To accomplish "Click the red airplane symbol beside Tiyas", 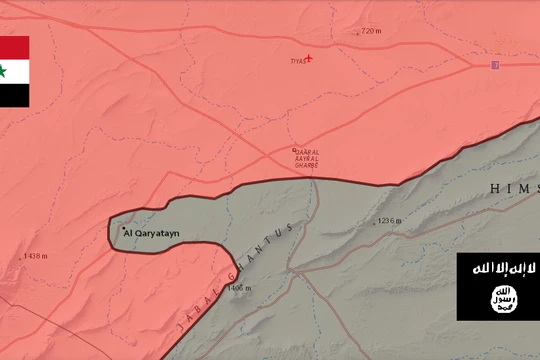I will (x=309, y=57).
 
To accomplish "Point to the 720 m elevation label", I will (x=369, y=31).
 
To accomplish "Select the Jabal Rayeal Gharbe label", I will (x=305, y=158).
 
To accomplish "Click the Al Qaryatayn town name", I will (x=157, y=233).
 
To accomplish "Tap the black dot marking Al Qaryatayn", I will (x=124, y=230).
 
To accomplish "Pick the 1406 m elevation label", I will (x=239, y=288).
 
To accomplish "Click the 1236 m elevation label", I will (x=388, y=221).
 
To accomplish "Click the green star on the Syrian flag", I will (x=4, y=71).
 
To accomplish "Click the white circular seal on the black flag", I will (x=498, y=298).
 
